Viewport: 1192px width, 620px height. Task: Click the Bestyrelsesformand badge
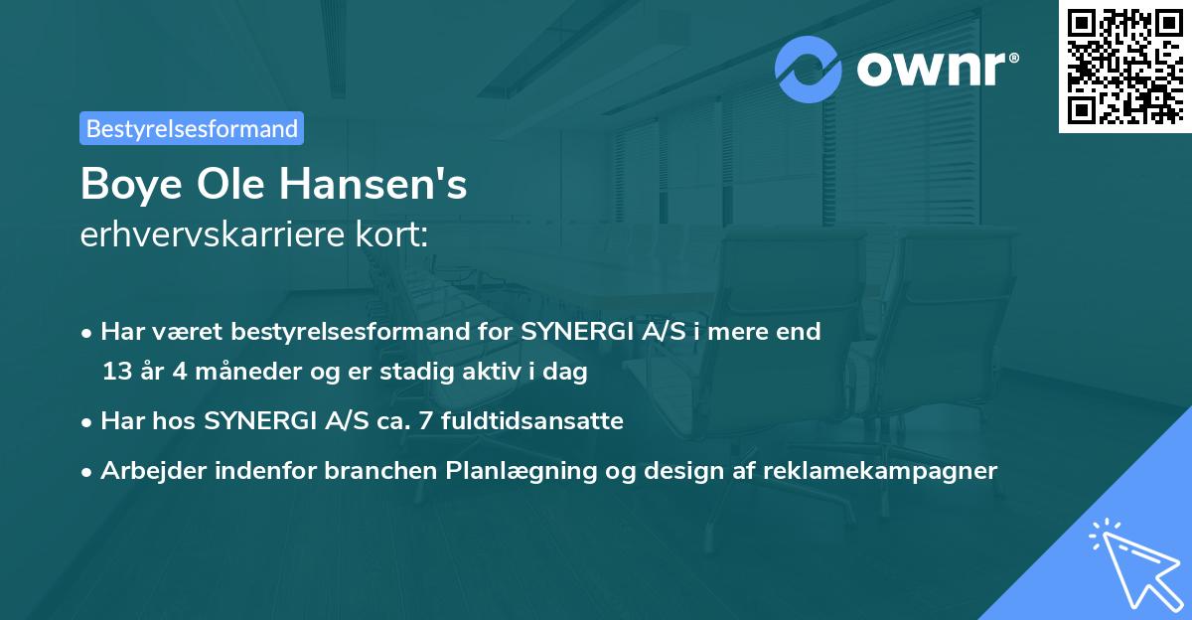[192, 128]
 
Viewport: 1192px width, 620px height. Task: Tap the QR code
[1123, 66]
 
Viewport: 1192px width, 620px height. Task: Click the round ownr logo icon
[809, 70]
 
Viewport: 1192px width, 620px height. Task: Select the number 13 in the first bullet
[115, 373]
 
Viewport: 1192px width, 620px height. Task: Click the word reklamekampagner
[880, 471]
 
